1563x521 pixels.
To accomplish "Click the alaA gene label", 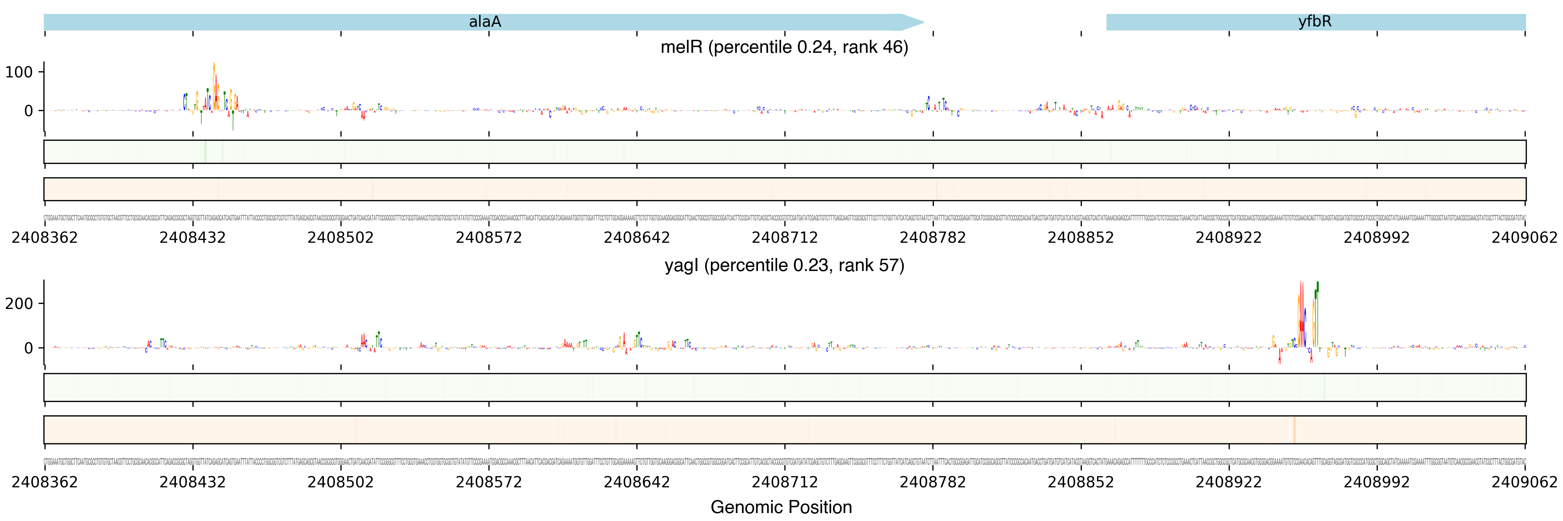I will pyautogui.click(x=485, y=22).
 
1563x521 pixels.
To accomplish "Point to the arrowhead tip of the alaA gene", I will pyautogui.click(x=923, y=22).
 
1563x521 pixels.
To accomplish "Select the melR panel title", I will pyautogui.click(x=784, y=47).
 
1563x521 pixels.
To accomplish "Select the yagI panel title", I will pyautogui.click(x=784, y=266).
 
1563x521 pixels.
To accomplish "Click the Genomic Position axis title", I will pyautogui.click(x=781, y=507).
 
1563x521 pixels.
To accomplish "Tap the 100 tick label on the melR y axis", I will pyautogui.click(x=19, y=72).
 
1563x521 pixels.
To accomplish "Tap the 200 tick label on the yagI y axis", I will pyautogui.click(x=19, y=303).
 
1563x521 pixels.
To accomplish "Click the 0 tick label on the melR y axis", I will pyautogui.click(x=29, y=111).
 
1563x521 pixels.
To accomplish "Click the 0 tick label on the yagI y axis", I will pyautogui.click(x=29, y=348).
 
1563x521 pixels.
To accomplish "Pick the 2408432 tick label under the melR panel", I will pyautogui.click(x=192, y=238).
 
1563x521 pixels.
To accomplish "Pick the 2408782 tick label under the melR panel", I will pyautogui.click(x=933, y=238).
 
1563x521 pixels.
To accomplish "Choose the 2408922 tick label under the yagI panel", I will pyautogui.click(x=1229, y=482).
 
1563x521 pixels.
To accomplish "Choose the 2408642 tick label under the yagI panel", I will pyautogui.click(x=636, y=482).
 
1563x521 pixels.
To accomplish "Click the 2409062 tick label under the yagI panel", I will pyautogui.click(x=1524, y=482).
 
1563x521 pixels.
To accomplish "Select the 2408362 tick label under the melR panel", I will pyautogui.click(x=44, y=238).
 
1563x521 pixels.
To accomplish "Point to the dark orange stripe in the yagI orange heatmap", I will pyautogui.click(x=1294, y=429).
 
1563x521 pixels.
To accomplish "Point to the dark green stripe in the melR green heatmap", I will pyautogui.click(x=206, y=152).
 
